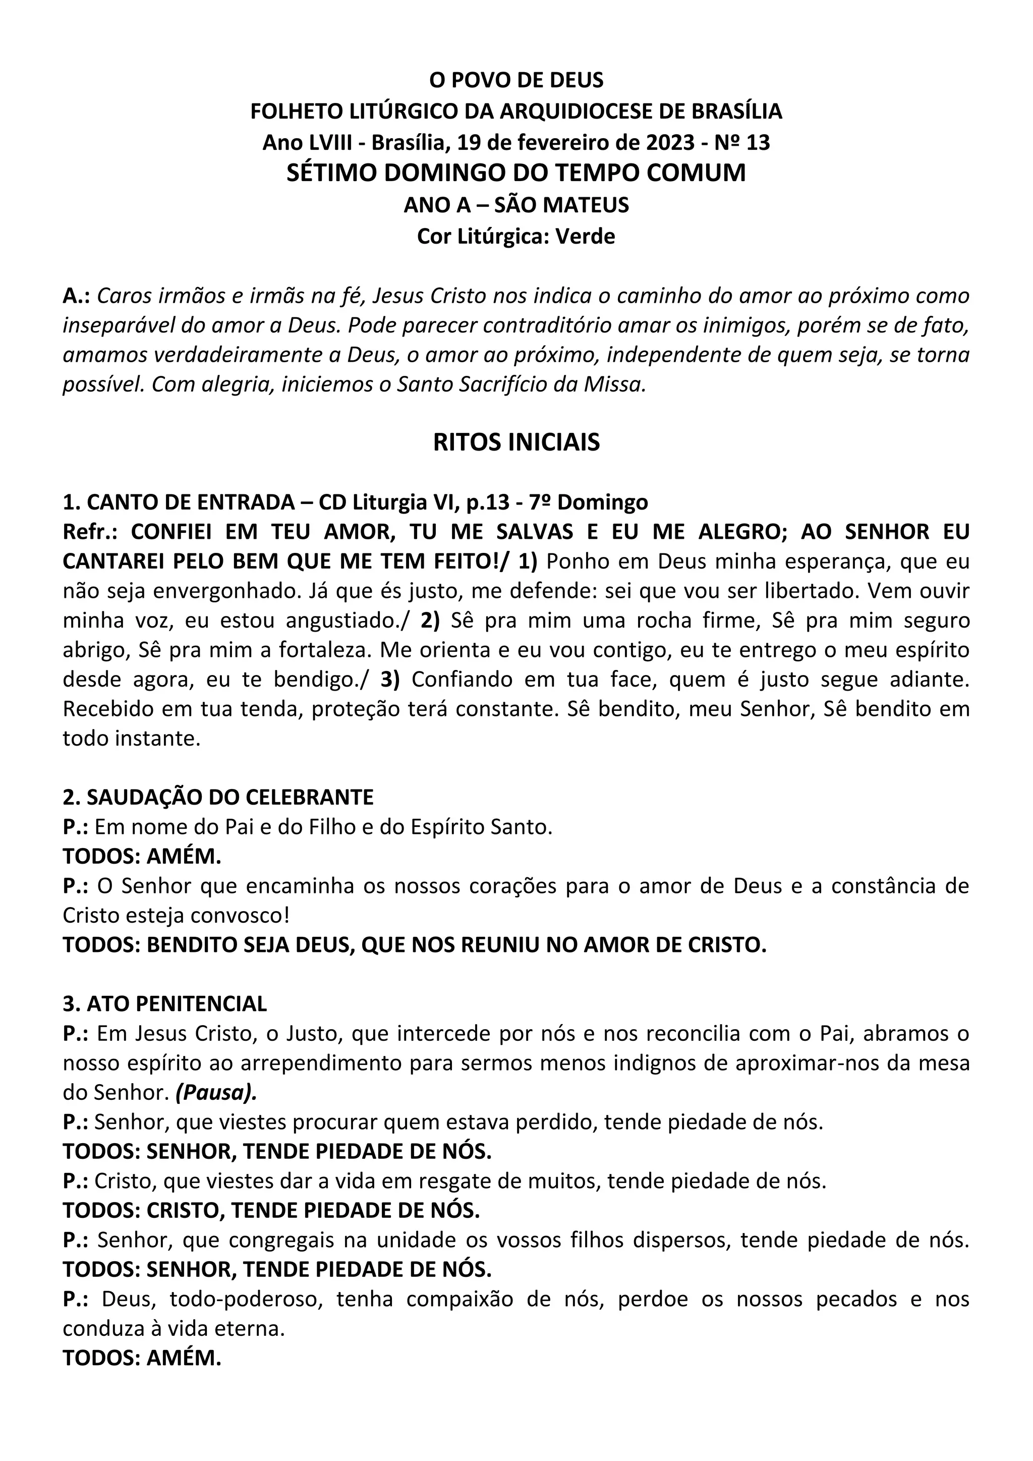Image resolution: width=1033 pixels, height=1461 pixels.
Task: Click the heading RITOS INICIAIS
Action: [x=516, y=442]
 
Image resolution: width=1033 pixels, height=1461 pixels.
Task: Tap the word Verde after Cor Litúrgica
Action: [x=585, y=237]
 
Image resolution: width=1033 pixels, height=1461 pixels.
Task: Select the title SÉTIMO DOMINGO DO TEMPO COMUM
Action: [x=516, y=173]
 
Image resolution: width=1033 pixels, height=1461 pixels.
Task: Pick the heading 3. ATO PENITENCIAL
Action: [x=165, y=1003]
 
